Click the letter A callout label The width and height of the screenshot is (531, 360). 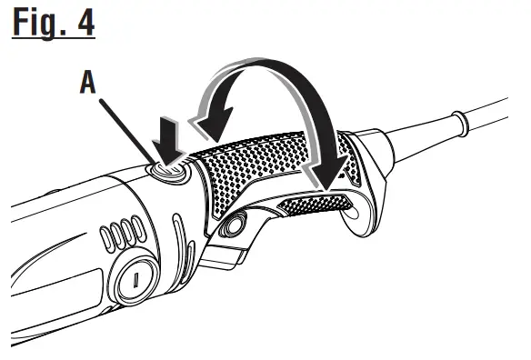click(x=88, y=83)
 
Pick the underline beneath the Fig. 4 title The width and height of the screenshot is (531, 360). click(x=53, y=39)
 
